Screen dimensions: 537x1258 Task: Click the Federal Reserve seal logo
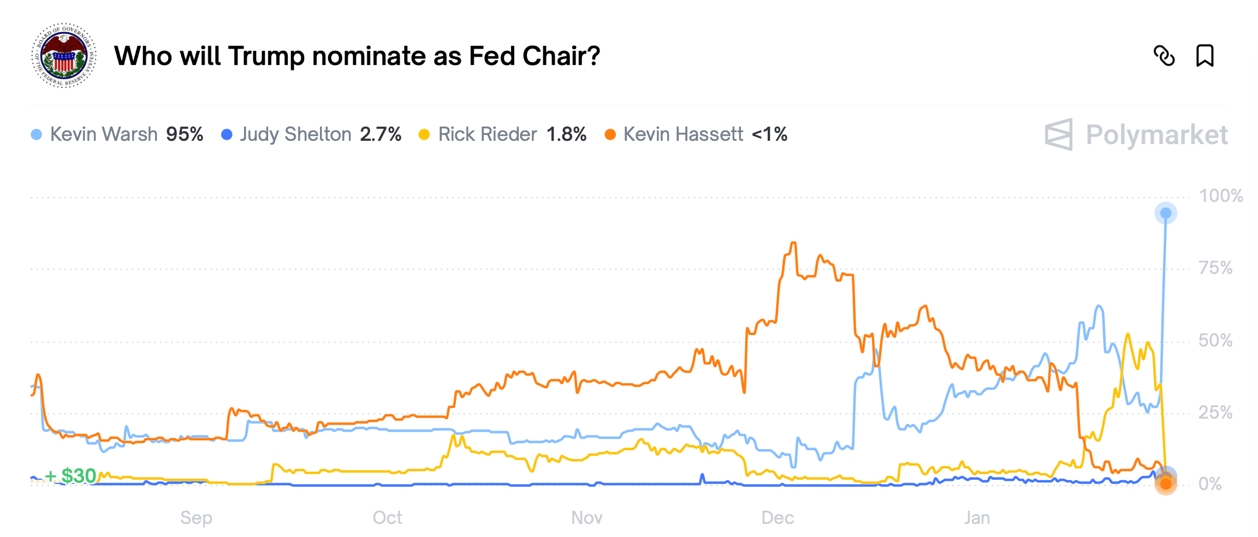click(x=64, y=56)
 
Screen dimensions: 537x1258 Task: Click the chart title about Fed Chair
click(x=357, y=56)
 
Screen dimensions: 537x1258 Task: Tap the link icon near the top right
click(x=1164, y=56)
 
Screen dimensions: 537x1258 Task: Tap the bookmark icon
click(x=1204, y=56)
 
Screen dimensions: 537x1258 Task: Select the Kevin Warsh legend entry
click(x=104, y=134)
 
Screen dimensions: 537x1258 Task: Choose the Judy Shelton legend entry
click(x=295, y=134)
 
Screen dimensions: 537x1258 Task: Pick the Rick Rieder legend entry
click(x=488, y=134)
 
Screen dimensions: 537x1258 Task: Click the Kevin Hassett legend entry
click(x=683, y=134)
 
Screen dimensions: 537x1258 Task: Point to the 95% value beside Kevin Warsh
click(x=185, y=134)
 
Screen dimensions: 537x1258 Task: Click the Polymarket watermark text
click(x=1156, y=135)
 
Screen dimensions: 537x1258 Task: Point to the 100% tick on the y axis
click(x=1220, y=196)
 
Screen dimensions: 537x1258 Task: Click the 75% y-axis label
click(x=1215, y=268)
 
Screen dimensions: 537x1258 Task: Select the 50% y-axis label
click(x=1215, y=341)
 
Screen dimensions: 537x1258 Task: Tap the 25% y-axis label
click(x=1215, y=413)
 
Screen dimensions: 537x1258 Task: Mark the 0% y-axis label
click(x=1209, y=484)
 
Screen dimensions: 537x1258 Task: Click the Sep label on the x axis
click(x=196, y=517)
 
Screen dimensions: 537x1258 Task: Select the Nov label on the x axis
click(x=586, y=517)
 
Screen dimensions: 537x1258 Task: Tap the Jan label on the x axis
click(x=976, y=517)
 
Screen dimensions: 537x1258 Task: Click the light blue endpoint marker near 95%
click(x=1166, y=213)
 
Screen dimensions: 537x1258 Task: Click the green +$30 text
click(x=71, y=476)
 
